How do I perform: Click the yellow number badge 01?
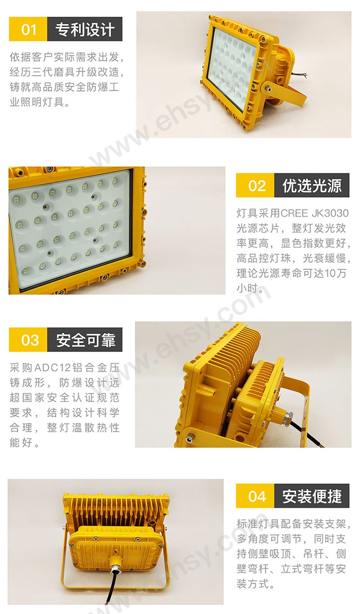tap(28, 29)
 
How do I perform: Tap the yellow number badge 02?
tap(255, 185)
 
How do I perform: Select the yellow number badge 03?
tap(28, 340)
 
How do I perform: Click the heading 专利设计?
tap(85, 29)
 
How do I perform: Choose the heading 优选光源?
tap(312, 186)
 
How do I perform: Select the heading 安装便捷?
tap(312, 496)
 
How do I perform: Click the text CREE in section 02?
tap(294, 213)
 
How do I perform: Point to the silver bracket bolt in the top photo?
tap(267, 88)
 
